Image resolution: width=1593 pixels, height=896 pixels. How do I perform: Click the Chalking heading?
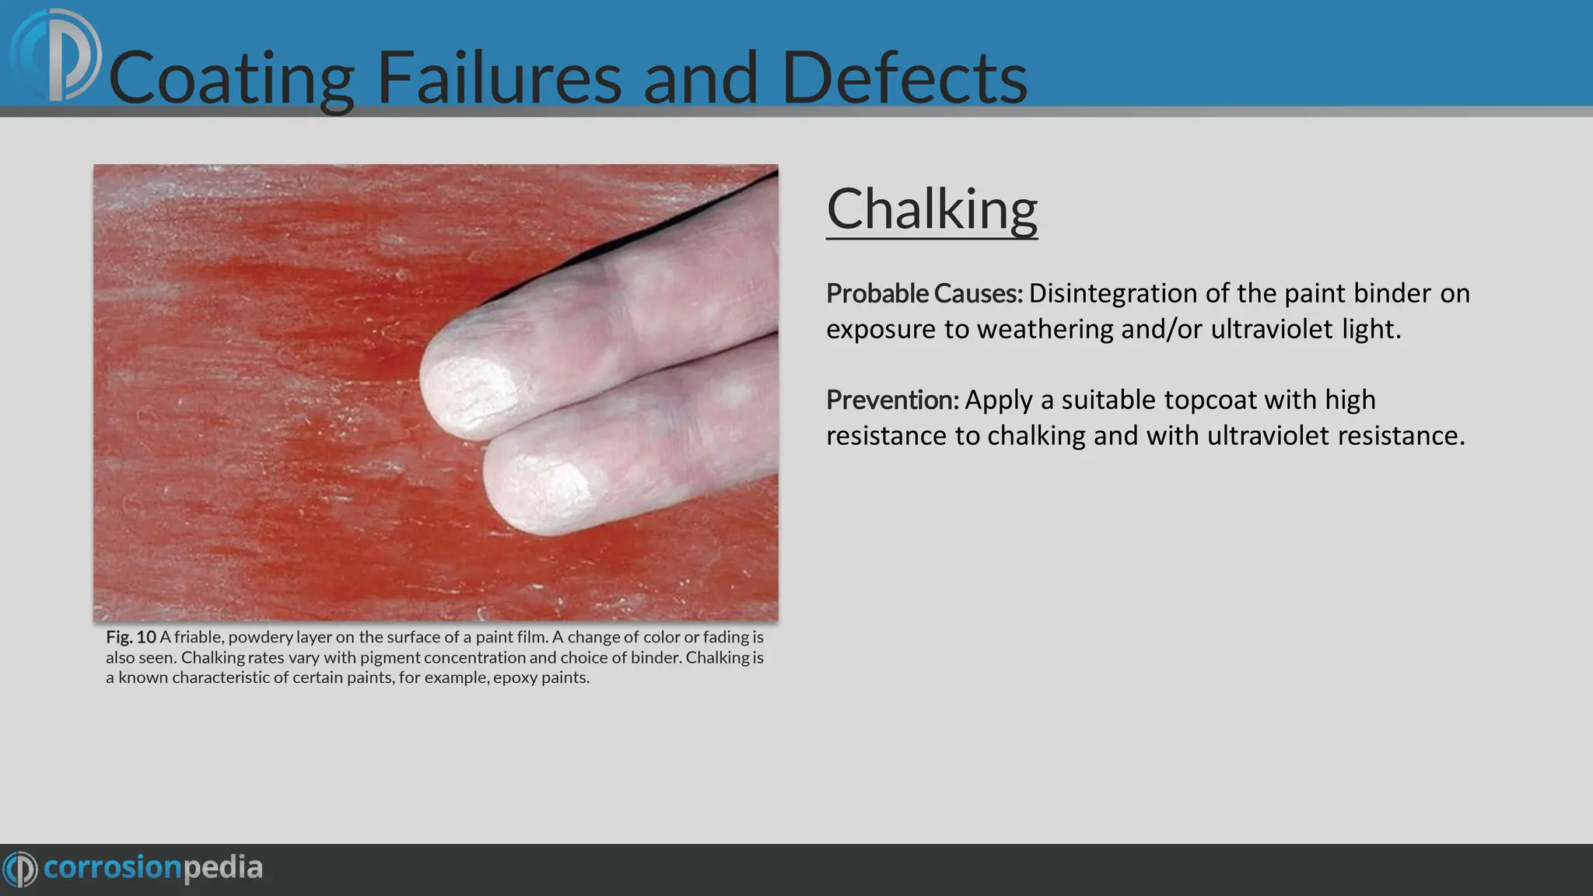click(931, 210)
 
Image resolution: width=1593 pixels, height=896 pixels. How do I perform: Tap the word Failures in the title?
click(499, 78)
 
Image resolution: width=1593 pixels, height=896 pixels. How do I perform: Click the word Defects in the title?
click(904, 78)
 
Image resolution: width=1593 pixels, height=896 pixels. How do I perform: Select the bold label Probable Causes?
click(924, 294)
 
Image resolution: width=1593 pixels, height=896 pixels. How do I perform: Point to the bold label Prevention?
click(892, 401)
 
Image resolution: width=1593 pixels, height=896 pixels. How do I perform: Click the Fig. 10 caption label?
click(131, 637)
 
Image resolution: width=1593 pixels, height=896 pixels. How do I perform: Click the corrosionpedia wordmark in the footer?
click(152, 867)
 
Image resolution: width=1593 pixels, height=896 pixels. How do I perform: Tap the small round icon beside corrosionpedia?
click(19, 869)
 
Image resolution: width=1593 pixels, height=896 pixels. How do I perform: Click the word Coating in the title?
click(232, 78)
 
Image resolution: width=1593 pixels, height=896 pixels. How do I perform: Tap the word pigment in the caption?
click(390, 657)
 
